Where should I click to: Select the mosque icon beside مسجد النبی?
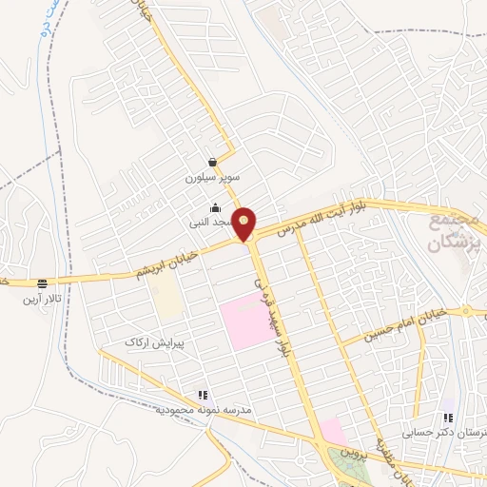215,208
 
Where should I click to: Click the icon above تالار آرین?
42,283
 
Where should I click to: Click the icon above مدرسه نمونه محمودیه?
202,394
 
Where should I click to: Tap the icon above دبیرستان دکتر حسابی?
448,418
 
